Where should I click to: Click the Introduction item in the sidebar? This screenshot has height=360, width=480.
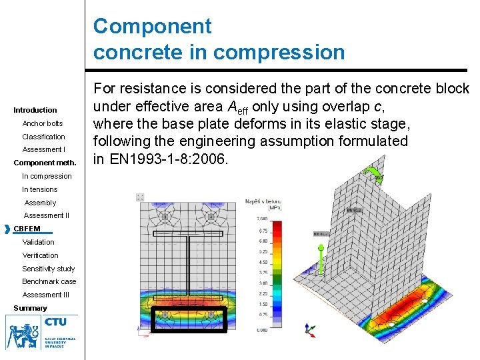pos(35,110)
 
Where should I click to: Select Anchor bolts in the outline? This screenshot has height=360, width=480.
pos(42,123)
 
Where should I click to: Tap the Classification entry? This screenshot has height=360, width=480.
pos(43,137)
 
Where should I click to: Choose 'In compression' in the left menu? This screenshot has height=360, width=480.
pos(47,176)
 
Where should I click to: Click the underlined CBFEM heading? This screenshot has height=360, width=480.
pos(27,229)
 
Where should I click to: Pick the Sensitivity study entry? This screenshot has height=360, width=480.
pos(48,269)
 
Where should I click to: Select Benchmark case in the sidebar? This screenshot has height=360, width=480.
pos(49,281)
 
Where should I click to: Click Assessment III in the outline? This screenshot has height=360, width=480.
pos(45,295)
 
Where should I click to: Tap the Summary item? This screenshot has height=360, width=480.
pos(30,308)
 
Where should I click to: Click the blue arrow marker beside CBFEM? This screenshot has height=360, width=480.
pos(7,229)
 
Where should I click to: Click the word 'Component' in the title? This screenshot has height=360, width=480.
pos(152,27)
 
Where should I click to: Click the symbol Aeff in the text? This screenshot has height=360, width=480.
pos(237,107)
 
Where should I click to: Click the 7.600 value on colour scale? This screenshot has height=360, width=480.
pos(263,218)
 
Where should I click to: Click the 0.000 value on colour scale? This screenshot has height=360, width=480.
pos(263,329)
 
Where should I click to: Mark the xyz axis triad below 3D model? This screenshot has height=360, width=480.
pos(309,329)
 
